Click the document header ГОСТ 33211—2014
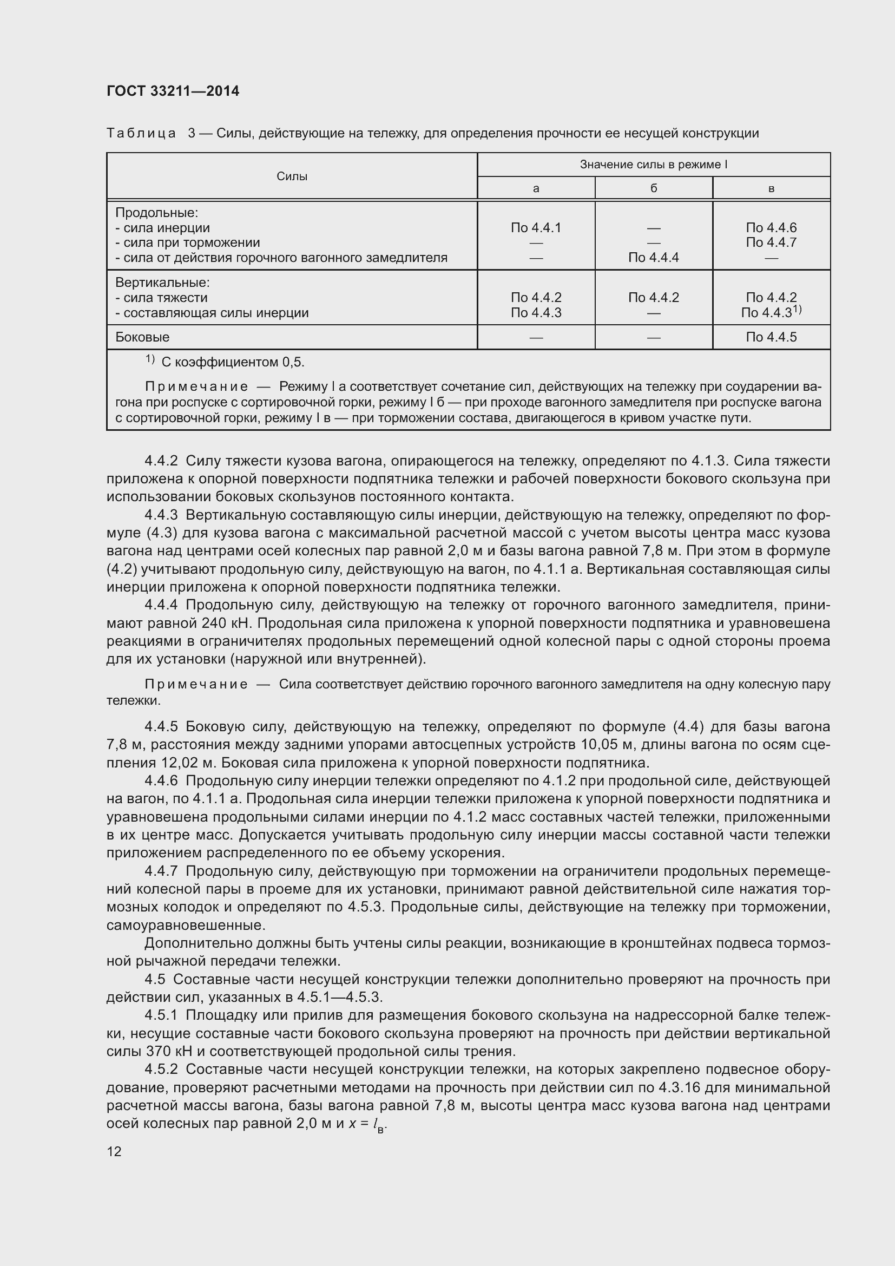point(173,91)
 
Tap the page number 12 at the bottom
point(114,1151)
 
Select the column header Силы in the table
point(292,176)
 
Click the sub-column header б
point(654,188)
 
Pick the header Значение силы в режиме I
point(654,165)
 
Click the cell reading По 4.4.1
point(536,228)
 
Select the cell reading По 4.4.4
point(654,258)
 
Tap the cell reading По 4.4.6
point(771,228)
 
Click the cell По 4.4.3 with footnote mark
point(771,313)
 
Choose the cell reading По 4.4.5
point(771,337)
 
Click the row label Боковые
point(142,337)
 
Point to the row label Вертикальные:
point(162,283)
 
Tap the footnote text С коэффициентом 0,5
point(233,362)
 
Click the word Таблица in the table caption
point(141,134)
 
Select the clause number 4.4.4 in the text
point(161,606)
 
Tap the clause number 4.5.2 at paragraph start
point(161,1069)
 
